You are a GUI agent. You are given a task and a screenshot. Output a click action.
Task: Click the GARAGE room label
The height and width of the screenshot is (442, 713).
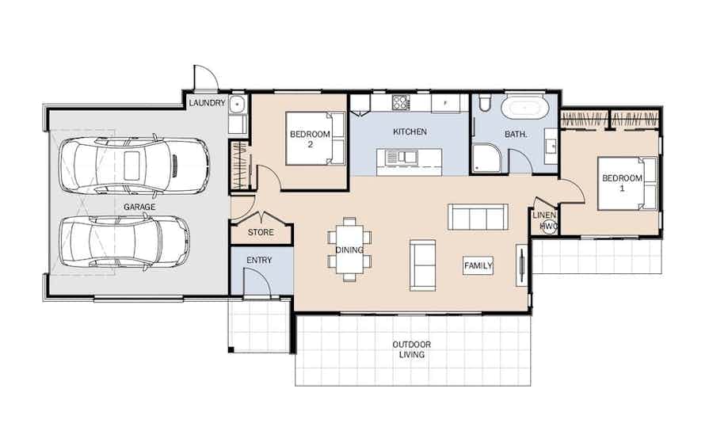tap(139, 207)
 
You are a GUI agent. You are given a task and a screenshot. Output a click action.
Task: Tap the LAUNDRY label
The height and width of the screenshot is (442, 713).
tap(207, 103)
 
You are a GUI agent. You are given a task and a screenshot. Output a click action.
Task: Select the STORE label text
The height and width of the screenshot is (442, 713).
tap(261, 232)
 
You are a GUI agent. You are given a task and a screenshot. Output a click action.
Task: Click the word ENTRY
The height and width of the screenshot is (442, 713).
tap(259, 260)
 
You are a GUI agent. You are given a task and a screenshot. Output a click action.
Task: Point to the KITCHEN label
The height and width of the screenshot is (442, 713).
tap(410, 131)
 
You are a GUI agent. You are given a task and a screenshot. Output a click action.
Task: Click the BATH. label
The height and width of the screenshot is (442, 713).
tap(516, 134)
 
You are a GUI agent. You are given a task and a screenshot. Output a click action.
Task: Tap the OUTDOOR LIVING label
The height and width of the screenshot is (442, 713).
tap(411, 349)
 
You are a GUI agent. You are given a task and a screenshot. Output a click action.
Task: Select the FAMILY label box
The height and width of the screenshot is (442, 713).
tap(479, 265)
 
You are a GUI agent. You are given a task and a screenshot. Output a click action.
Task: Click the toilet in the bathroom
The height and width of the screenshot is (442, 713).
tap(483, 103)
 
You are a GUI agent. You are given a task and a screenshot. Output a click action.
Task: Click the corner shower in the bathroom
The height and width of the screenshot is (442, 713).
tap(487, 158)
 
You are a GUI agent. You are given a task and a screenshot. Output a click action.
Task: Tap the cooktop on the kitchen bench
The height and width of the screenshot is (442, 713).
tap(401, 102)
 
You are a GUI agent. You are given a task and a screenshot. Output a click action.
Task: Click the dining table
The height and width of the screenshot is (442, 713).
tap(349, 250)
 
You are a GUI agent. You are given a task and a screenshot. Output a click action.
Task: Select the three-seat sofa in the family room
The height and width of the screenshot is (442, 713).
tap(478, 217)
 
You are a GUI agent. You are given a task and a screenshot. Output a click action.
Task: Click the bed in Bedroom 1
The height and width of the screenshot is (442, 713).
tap(627, 183)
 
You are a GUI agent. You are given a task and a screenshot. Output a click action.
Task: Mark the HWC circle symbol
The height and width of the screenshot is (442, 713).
tap(549, 227)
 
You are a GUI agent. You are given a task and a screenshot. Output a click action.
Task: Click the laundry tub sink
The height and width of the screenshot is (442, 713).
tap(237, 105)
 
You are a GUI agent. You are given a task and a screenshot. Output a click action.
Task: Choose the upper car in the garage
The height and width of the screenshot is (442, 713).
tap(135, 166)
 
